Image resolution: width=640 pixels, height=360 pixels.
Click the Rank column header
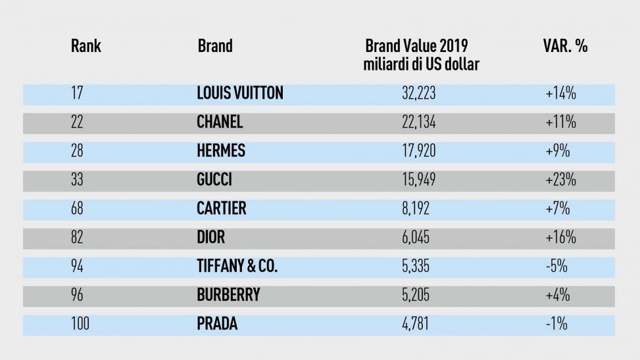tap(86, 47)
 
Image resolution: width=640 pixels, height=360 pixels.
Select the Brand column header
tap(215, 47)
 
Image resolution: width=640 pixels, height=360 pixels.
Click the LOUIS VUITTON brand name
tap(240, 93)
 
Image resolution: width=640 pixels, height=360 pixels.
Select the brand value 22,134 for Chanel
tap(418, 122)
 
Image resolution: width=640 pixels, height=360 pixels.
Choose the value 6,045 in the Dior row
tap(416, 238)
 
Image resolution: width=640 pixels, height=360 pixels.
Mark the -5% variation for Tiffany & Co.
tap(556, 267)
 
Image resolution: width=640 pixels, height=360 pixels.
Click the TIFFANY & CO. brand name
tap(237, 267)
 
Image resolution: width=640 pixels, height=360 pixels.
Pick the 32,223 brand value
tap(418, 93)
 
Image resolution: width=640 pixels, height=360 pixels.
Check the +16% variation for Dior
tap(560, 238)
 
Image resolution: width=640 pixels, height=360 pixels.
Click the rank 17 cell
tap(76, 93)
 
